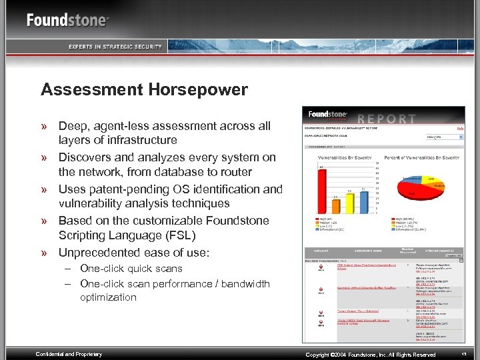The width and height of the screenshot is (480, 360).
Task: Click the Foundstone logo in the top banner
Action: point(67,19)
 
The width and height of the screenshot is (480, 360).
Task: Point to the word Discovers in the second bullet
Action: point(85,157)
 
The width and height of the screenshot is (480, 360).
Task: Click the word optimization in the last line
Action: point(108,297)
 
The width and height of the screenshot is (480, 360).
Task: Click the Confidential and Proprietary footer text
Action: point(69,354)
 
